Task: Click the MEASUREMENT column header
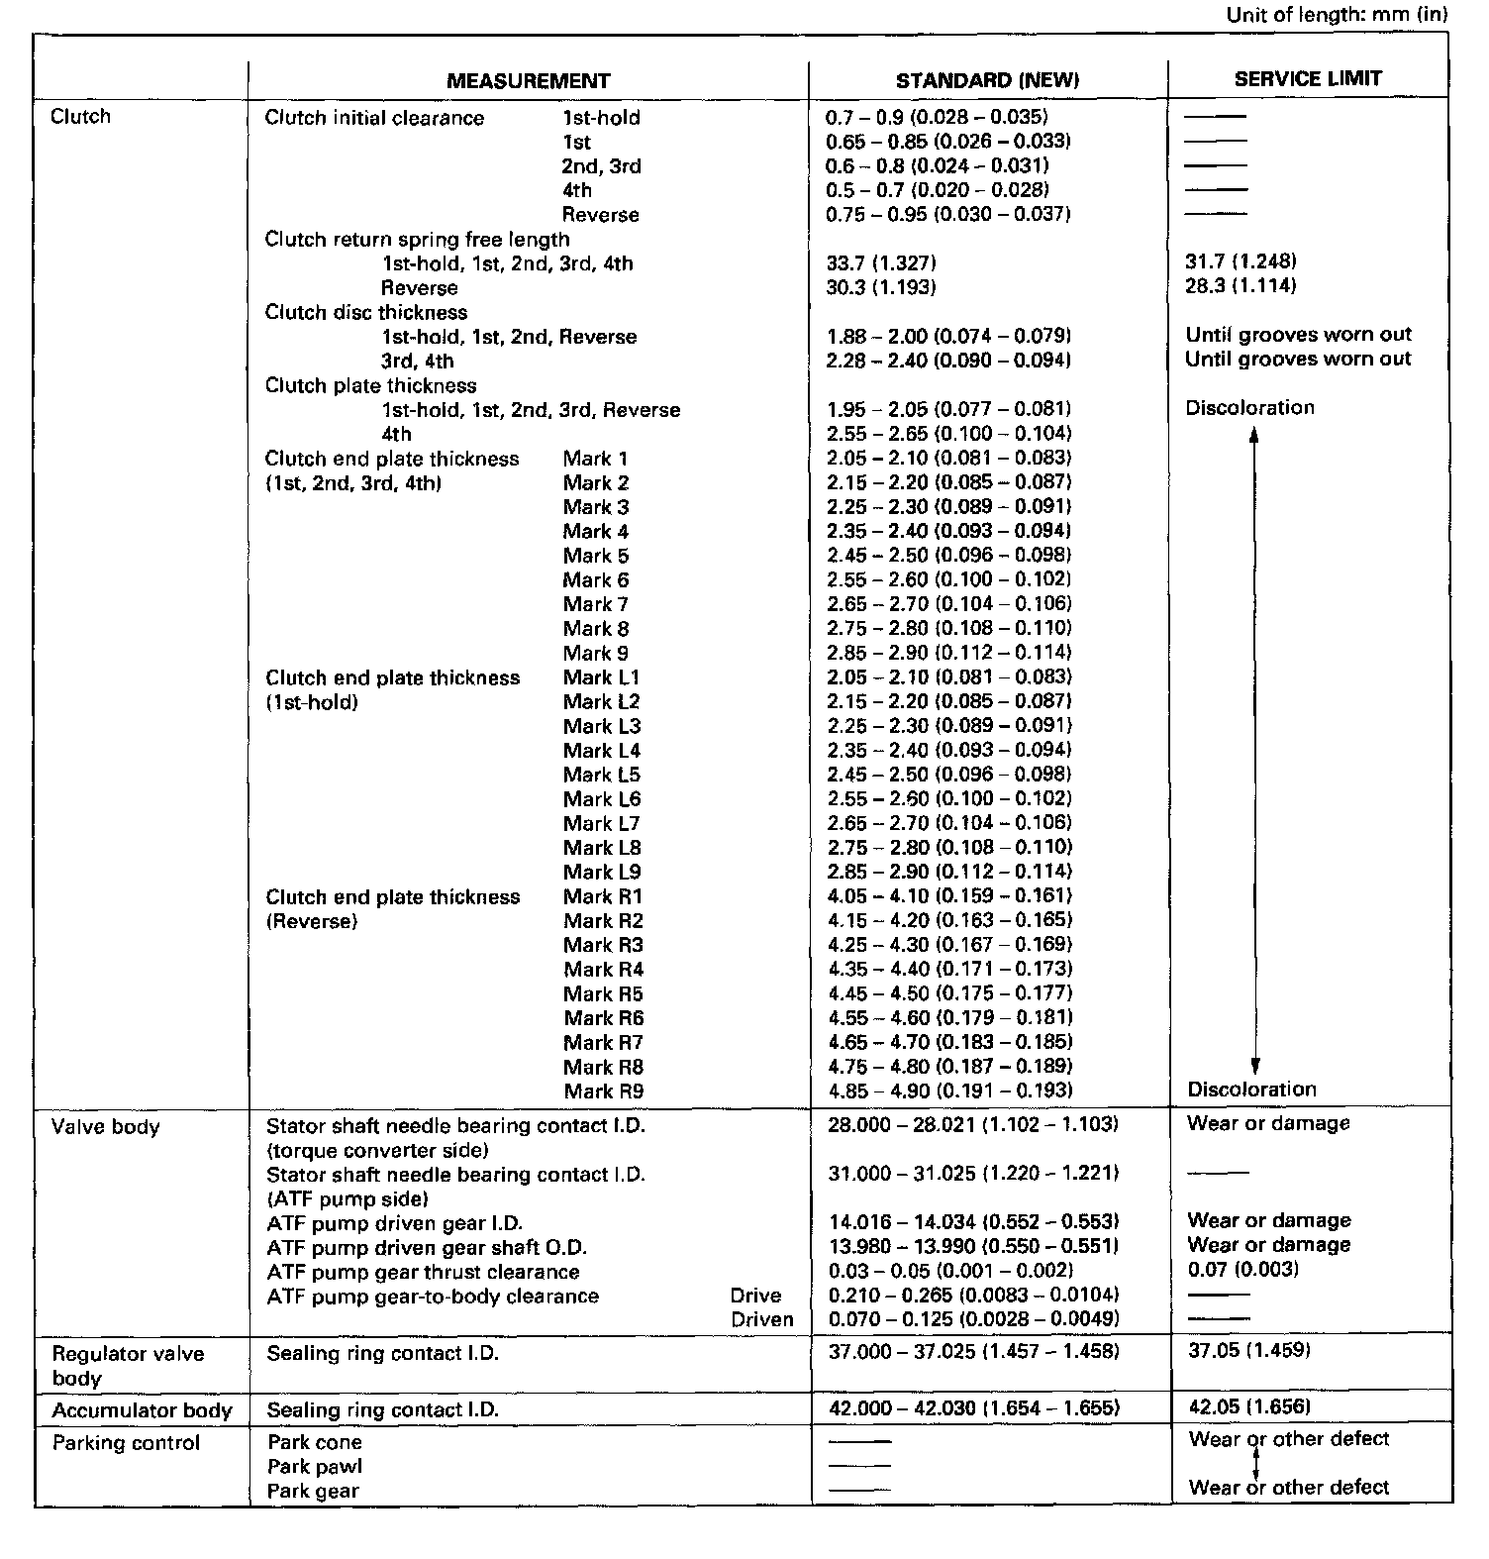pyautogui.click(x=528, y=81)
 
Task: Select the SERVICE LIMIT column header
pyautogui.click(x=1307, y=79)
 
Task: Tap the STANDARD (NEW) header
pyautogui.click(x=987, y=81)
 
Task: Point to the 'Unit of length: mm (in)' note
pyautogui.click(x=1337, y=15)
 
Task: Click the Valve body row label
pyautogui.click(x=105, y=1127)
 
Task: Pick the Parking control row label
pyautogui.click(x=126, y=1443)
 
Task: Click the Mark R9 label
pyautogui.click(x=603, y=1091)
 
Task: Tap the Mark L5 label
pyautogui.click(x=601, y=775)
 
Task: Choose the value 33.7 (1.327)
pyautogui.click(x=881, y=263)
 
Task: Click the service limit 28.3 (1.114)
pyautogui.click(x=1241, y=286)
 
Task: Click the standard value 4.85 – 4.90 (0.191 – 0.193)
pyautogui.click(x=949, y=1091)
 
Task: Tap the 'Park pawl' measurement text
pyautogui.click(x=315, y=1467)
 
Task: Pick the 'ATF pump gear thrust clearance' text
pyautogui.click(x=423, y=1272)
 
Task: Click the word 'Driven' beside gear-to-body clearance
pyautogui.click(x=761, y=1319)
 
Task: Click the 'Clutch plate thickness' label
pyautogui.click(x=370, y=385)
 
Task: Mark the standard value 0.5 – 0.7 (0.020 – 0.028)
pyautogui.click(x=937, y=190)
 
